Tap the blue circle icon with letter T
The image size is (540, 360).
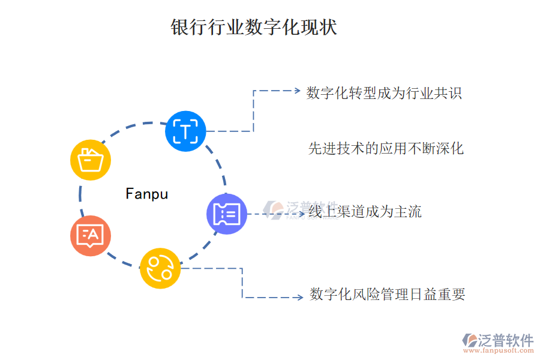click(x=185, y=131)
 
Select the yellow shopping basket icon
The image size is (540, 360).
click(x=91, y=160)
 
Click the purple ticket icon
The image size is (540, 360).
click(x=227, y=213)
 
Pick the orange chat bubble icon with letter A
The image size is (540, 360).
click(x=91, y=236)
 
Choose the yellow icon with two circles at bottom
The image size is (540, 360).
click(x=160, y=268)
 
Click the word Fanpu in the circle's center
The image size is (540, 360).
click(x=147, y=194)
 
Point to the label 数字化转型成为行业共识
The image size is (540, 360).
click(x=384, y=93)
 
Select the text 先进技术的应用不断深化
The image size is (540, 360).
click(x=386, y=148)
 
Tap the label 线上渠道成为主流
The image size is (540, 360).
click(x=365, y=211)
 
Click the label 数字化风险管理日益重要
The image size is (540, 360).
click(x=387, y=295)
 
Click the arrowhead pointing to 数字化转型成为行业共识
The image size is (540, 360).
click(x=296, y=91)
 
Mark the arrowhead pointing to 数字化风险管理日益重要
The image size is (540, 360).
click(x=299, y=297)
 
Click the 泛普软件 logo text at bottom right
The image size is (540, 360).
click(x=505, y=340)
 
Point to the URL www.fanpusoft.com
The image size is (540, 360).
click(x=498, y=352)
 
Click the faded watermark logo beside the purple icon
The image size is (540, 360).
click(x=277, y=208)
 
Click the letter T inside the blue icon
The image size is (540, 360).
click(x=185, y=131)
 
